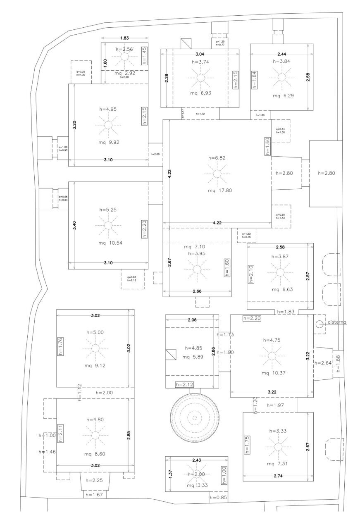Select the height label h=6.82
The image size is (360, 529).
coord(216,158)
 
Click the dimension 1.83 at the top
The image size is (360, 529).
coord(124,38)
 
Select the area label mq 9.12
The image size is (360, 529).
coord(95,365)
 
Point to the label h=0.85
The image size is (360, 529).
coord(218,498)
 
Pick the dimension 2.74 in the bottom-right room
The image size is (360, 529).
coord(277,476)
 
